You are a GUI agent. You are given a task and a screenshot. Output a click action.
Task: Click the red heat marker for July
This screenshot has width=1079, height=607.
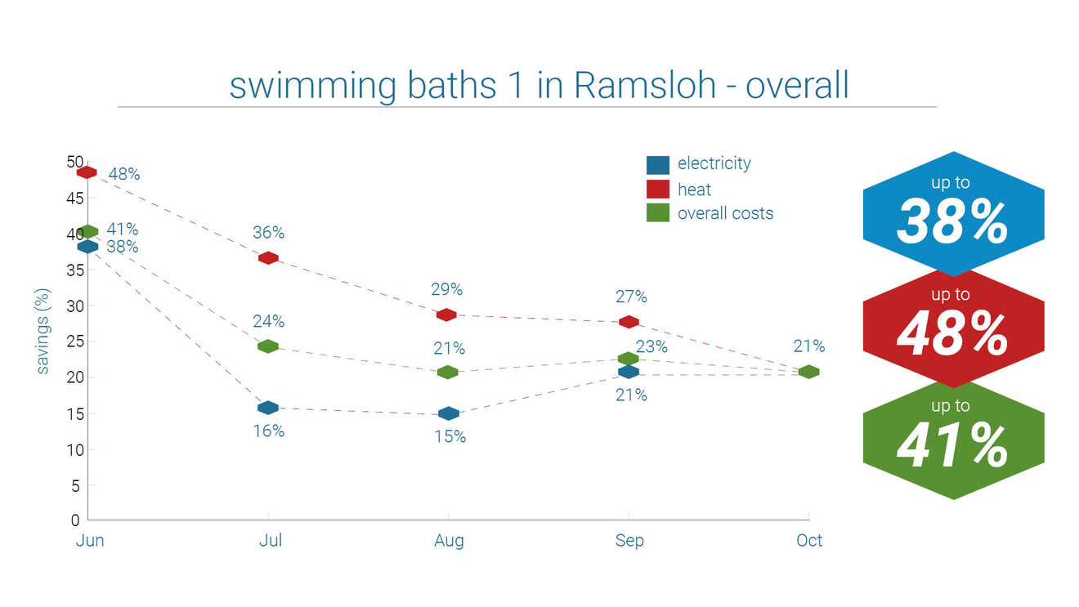coord(268,258)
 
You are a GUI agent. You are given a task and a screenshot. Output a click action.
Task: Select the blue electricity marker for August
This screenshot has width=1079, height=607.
coord(449,414)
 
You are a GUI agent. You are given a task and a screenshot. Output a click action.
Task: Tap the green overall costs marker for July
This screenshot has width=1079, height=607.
coord(268,346)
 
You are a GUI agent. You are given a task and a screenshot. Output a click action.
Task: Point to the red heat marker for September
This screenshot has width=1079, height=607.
coord(629,322)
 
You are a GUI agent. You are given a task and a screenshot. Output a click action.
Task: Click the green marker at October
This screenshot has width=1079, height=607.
coord(808,372)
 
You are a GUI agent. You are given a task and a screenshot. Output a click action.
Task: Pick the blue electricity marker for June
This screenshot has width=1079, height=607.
coord(87,246)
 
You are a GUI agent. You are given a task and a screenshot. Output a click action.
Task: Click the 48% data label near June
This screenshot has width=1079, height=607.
coord(124,174)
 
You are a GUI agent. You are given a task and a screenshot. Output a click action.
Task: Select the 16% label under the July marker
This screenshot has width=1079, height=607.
coord(268,431)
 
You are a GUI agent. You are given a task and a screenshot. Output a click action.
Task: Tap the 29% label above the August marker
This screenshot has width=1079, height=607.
coord(447,289)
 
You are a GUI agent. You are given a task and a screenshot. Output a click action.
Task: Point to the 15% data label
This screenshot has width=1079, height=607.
coord(450,437)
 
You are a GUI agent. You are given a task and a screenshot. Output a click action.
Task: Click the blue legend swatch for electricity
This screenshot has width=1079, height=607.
coord(658,164)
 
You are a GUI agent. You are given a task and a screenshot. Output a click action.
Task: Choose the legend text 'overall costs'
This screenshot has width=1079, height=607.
coord(725,213)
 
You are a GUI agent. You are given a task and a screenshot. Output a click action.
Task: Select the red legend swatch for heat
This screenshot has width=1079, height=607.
coord(658,190)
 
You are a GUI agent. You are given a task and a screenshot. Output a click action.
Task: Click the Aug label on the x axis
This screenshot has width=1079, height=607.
coord(449,541)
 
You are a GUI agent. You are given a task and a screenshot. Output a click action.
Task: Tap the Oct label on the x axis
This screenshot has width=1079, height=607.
coord(809,541)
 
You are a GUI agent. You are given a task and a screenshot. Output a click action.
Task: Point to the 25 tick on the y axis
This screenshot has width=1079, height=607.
coord(73,341)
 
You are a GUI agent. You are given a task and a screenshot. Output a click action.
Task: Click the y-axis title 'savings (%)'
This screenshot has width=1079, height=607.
coord(43,331)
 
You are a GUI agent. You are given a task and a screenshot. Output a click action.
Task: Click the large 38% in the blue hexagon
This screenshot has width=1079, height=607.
coord(952,223)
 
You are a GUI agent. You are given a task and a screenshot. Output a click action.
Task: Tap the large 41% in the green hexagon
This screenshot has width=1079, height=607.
coord(952,446)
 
